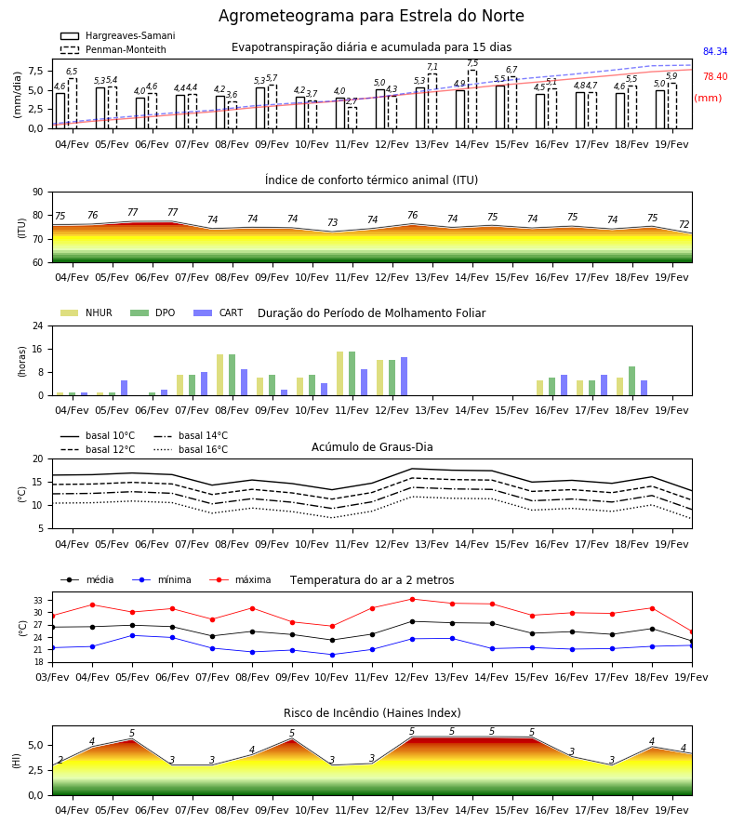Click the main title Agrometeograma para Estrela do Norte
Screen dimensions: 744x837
coord(371,16)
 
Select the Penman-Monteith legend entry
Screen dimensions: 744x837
coord(113,49)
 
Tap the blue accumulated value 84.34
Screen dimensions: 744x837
coord(715,51)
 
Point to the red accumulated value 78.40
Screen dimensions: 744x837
coord(715,76)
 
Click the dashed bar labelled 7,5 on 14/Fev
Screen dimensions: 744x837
coord(472,100)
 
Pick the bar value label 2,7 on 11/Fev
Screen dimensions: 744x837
coord(352,100)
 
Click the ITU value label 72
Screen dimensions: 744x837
coord(684,225)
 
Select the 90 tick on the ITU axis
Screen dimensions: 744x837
coord(38,193)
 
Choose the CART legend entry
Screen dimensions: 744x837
coord(219,312)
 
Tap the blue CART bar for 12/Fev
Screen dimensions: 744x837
coord(404,377)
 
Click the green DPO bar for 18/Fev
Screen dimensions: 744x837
coord(631,381)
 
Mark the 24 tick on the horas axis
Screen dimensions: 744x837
coord(38,325)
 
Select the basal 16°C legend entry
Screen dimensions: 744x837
coord(191,449)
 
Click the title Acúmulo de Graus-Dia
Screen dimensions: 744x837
coord(372,446)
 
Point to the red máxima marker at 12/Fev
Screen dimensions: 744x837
coord(412,599)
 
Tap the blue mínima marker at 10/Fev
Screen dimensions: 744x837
coord(333,655)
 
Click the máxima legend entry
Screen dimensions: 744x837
coord(240,579)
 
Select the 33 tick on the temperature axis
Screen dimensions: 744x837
coord(38,601)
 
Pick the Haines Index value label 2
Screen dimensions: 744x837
coord(60,760)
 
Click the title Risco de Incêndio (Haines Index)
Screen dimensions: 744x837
coord(372,712)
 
